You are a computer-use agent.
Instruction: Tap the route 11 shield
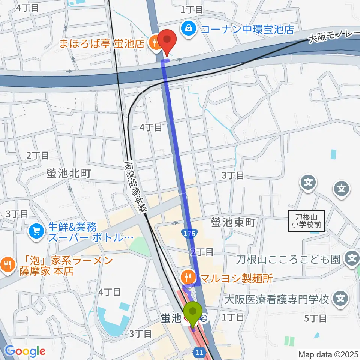pyautogui.click(x=199, y=352)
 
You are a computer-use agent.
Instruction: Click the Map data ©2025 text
pyautogui.click(x=328, y=354)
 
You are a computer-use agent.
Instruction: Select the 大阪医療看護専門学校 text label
pyautogui.click(x=277, y=299)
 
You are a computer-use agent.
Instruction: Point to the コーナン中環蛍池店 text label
pyautogui.click(x=247, y=28)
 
